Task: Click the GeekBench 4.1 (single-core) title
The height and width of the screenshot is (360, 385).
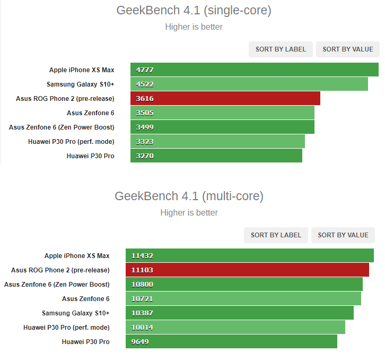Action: point(194,10)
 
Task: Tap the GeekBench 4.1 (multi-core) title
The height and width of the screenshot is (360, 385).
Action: point(189,196)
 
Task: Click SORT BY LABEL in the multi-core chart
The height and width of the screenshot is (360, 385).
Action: point(276,235)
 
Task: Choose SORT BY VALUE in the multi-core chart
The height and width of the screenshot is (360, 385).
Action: point(343,235)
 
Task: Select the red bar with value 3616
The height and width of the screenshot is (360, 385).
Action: point(225,99)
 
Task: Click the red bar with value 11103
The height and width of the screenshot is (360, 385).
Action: point(247,270)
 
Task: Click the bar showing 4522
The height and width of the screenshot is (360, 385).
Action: point(249,84)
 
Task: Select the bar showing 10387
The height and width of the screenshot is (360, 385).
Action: point(240,313)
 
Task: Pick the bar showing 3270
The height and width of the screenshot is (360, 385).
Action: point(216,156)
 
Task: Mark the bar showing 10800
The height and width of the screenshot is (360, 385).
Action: point(244,285)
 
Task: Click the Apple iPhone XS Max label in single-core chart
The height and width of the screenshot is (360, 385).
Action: point(82,70)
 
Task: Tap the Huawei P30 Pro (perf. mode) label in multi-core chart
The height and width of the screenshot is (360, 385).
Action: point(66,328)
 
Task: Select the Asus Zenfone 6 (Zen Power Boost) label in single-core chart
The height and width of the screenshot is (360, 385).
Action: point(62,127)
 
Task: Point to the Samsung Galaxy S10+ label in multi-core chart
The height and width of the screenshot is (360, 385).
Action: point(76,313)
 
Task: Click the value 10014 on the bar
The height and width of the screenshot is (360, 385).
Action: point(142,328)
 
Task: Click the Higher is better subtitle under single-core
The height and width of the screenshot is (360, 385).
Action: point(194,27)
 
